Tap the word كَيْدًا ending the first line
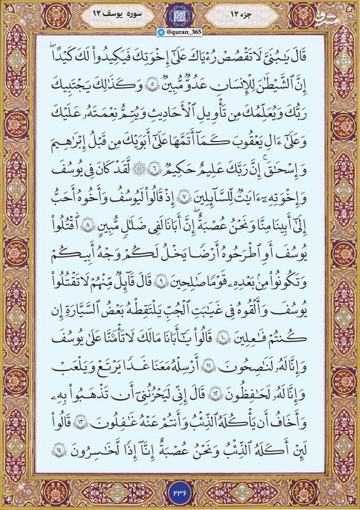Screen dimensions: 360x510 [x=64, y=55]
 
